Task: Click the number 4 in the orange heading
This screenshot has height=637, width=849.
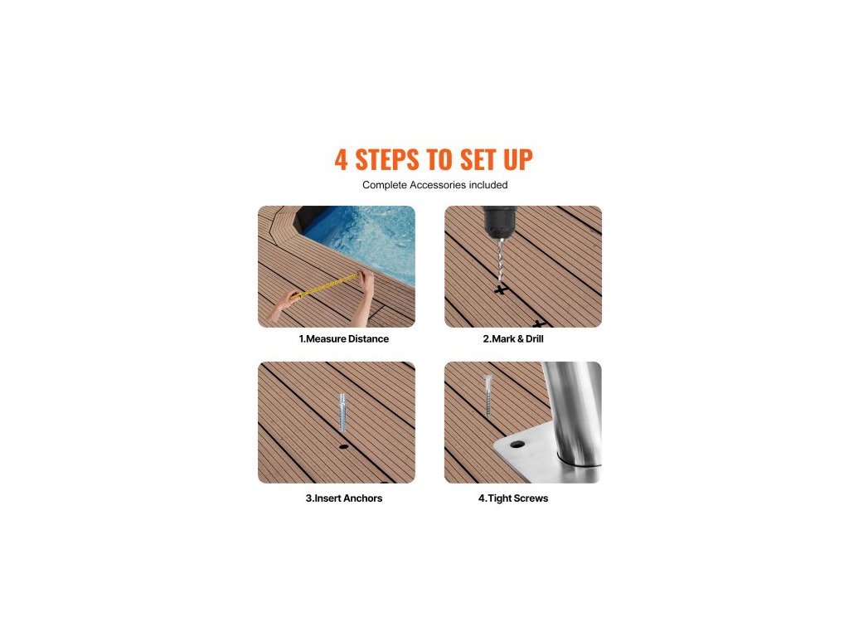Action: (x=341, y=160)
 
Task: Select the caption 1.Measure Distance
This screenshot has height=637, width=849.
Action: (x=344, y=338)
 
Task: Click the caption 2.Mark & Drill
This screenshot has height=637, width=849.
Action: (x=513, y=338)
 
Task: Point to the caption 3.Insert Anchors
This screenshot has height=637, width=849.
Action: (x=344, y=498)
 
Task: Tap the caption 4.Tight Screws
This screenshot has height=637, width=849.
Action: (x=513, y=498)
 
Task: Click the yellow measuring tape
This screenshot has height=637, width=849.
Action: (x=326, y=286)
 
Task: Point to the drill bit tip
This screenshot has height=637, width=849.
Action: (x=500, y=280)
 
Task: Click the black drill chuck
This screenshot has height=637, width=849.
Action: (x=500, y=221)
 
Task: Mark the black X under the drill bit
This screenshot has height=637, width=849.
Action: (x=502, y=289)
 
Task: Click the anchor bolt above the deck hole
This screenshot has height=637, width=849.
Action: (x=342, y=411)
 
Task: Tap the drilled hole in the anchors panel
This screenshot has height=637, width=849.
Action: (x=344, y=447)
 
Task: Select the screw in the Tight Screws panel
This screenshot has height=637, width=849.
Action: (x=488, y=396)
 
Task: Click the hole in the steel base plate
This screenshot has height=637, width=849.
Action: (x=517, y=445)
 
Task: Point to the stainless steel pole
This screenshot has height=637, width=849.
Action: (x=571, y=411)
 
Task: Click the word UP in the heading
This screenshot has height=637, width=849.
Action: (x=518, y=160)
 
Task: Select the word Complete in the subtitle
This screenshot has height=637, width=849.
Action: (x=385, y=185)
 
